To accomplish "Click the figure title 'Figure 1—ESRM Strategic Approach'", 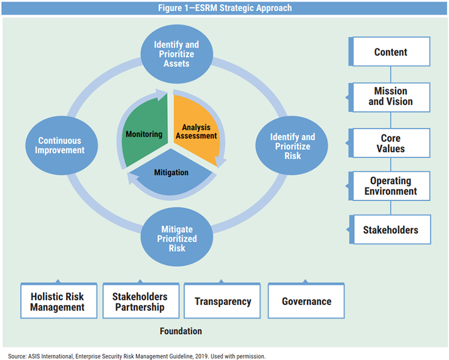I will tap(224, 8).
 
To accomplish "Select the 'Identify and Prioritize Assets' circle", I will tap(177, 54).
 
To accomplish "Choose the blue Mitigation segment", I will tap(171, 173).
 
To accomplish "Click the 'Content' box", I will tap(391, 53).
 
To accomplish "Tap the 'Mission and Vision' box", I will tap(391, 96).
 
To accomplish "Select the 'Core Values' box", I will tap(391, 143).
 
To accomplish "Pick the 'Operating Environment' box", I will tap(391, 186).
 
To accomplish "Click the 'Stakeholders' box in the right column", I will tap(391, 230).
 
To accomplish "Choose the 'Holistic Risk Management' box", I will tap(57, 301).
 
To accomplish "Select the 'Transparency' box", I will tap(223, 301).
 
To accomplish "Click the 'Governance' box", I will tap(306, 301).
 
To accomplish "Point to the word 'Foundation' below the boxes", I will tap(180, 331).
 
